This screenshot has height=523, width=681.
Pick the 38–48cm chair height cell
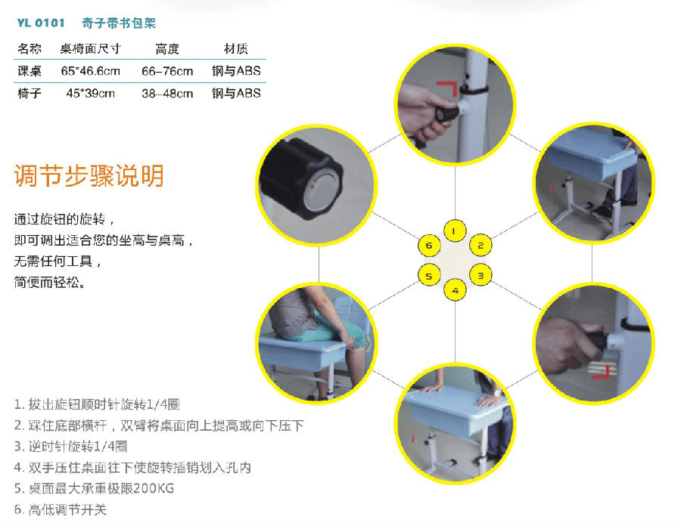(167, 94)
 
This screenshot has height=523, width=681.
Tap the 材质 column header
(236, 49)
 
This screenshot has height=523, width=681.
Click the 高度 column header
(167, 49)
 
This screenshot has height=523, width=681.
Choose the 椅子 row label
(30, 94)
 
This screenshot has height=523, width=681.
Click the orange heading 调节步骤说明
(89, 175)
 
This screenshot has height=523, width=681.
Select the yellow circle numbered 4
(455, 290)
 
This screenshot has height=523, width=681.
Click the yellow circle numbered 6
(428, 246)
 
